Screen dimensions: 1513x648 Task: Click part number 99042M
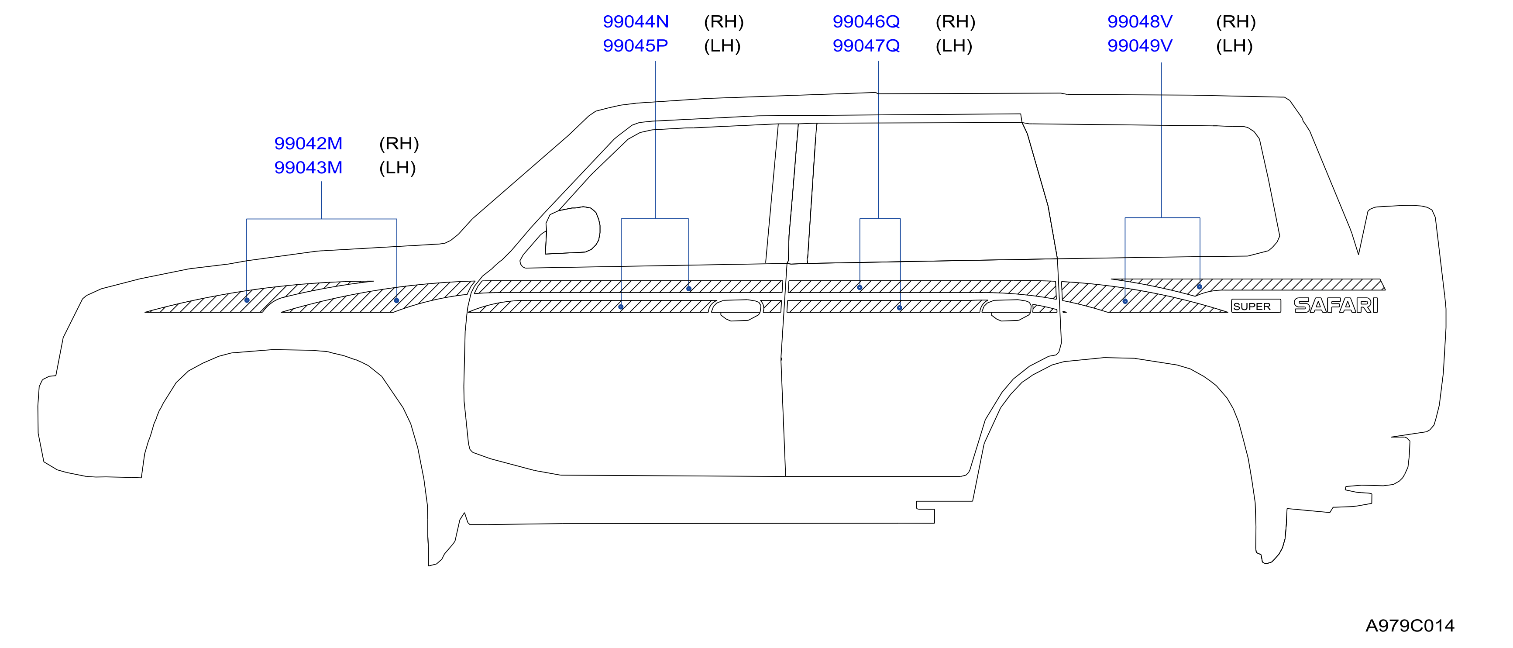coord(308,143)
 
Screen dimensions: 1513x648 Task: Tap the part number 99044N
coord(636,22)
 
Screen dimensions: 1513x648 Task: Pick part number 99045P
coord(636,46)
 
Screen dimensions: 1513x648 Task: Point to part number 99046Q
coord(867,22)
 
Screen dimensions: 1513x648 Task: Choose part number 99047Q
coord(867,46)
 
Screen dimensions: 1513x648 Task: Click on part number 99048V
coord(1140,22)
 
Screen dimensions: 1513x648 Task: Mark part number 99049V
coord(1140,46)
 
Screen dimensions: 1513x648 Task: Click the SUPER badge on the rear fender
coord(1256,306)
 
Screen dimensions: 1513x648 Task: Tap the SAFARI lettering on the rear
coord(1336,306)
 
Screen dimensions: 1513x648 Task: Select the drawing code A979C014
coord(1410,626)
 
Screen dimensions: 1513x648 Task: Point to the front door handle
coord(737,310)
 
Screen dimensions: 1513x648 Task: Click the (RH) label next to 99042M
coord(399,143)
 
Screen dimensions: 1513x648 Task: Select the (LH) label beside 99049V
coord(1234,46)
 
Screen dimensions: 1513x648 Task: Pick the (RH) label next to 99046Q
coord(956,22)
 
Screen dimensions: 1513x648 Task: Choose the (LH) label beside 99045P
coord(722,46)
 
